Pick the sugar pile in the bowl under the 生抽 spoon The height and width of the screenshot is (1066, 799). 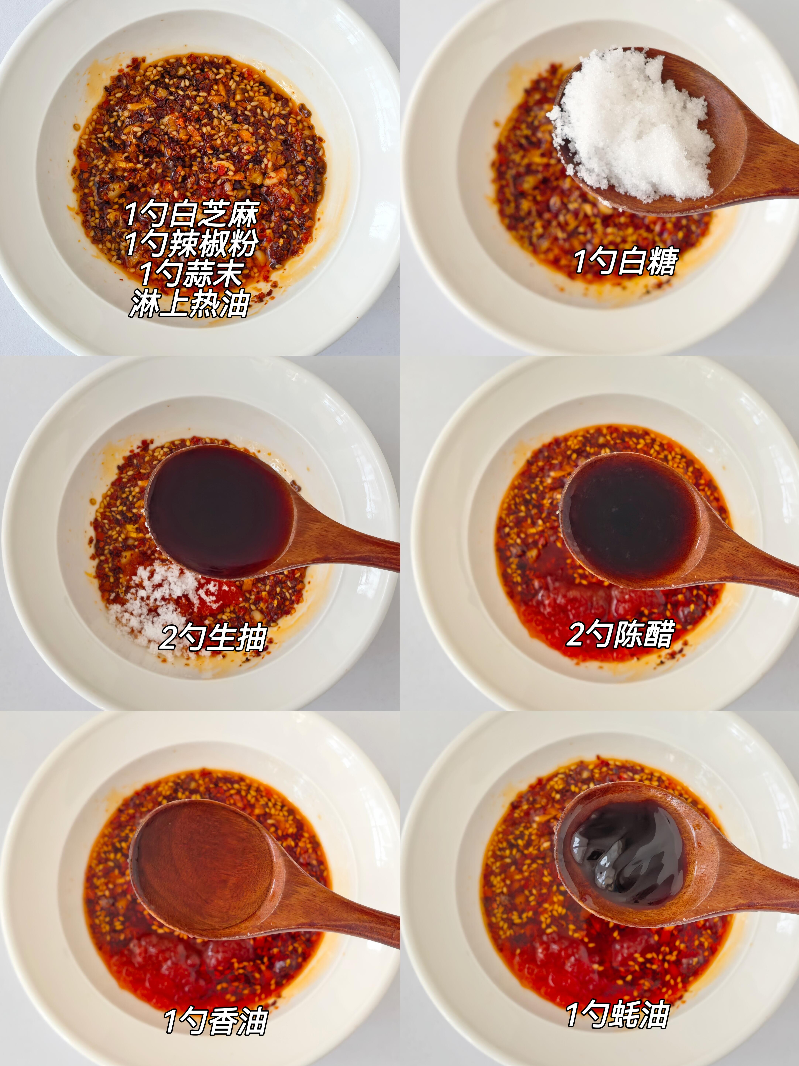(154, 602)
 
